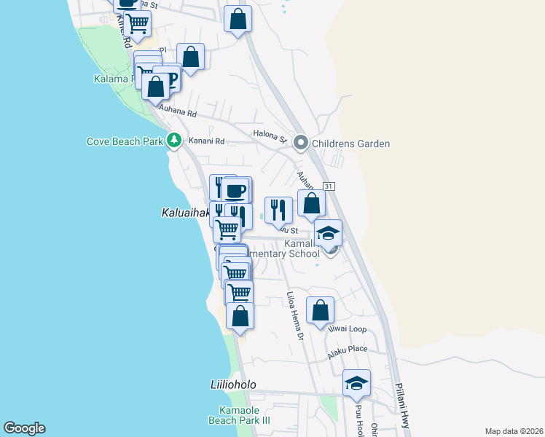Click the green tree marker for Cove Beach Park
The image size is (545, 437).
point(173,140)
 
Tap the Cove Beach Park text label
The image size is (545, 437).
point(124,141)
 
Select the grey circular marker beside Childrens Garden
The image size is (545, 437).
point(300,143)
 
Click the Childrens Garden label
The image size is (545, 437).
point(350,143)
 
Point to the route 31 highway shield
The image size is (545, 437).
point(329,187)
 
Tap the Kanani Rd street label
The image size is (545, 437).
point(207,141)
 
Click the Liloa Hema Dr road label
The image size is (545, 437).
point(294,313)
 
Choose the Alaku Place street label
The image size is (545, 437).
point(348,350)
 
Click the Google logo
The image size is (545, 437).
point(24,428)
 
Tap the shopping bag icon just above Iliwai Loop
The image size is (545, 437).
point(321,310)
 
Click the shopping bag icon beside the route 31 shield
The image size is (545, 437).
point(311,203)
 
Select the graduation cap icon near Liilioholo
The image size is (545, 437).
point(356,382)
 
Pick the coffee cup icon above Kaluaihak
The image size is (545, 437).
point(235,192)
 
